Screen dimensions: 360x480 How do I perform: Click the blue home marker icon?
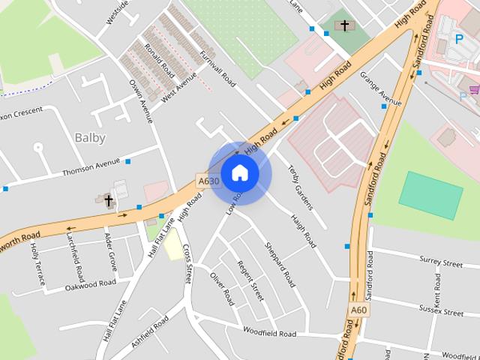(x=239, y=173)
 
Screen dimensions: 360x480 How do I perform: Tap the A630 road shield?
(x=208, y=181)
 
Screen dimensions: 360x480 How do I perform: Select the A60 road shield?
(x=359, y=310)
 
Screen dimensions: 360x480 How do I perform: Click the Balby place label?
(x=90, y=137)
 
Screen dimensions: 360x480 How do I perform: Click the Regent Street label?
(x=250, y=280)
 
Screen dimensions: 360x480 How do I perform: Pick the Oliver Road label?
(x=222, y=288)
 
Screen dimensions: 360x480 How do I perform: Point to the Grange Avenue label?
(x=380, y=88)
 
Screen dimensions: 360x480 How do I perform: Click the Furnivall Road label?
(x=218, y=69)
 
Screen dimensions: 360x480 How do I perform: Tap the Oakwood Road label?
(x=91, y=284)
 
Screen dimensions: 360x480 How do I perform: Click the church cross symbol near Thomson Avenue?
(x=108, y=200)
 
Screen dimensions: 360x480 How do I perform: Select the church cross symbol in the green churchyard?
(x=345, y=25)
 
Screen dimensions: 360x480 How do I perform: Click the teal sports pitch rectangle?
(x=430, y=195)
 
